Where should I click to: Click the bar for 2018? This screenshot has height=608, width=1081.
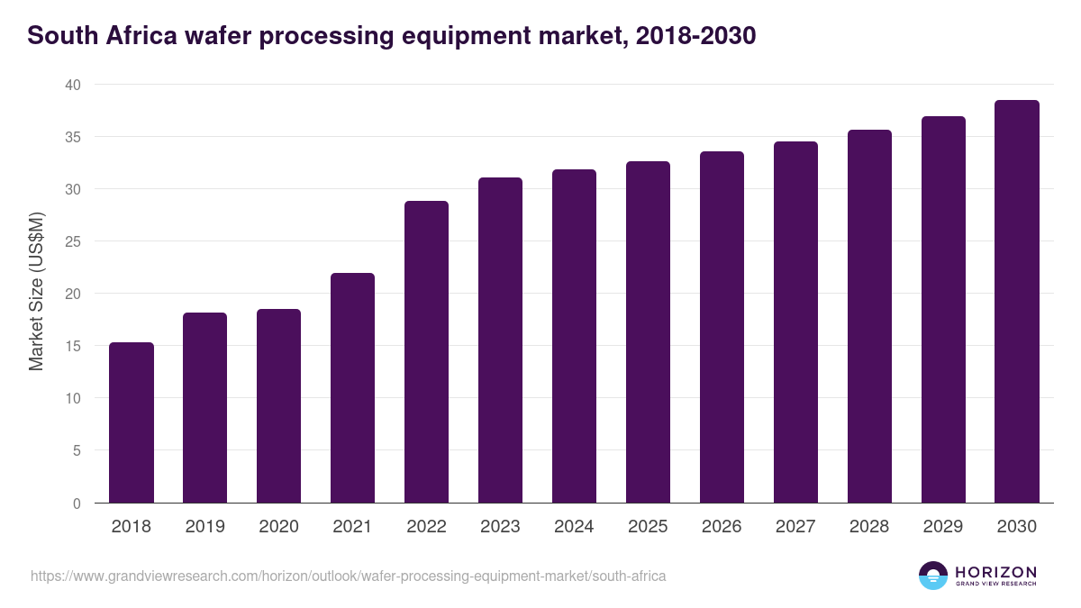click(132, 422)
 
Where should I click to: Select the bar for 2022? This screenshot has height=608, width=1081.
click(426, 351)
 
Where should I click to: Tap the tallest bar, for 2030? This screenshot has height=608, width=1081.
click(1017, 301)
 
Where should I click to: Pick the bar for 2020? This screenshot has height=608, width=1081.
click(278, 405)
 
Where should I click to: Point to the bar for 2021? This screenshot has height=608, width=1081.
click(352, 387)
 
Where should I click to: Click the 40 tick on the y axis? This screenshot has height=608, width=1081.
click(72, 85)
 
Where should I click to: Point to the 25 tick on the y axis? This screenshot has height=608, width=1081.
click(72, 241)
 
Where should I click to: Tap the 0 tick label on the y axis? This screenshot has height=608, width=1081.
click(77, 504)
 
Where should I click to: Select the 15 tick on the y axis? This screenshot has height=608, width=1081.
click(72, 346)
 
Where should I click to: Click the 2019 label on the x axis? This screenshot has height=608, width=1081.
click(205, 527)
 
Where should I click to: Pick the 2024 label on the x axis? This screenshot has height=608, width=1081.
click(574, 527)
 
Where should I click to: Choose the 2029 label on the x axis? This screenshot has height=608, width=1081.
click(943, 527)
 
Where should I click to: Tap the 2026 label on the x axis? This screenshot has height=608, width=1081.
click(722, 527)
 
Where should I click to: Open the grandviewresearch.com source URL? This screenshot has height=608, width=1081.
click(348, 576)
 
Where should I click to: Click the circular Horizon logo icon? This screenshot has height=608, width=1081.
click(932, 576)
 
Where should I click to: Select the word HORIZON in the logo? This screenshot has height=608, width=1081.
click(995, 572)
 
